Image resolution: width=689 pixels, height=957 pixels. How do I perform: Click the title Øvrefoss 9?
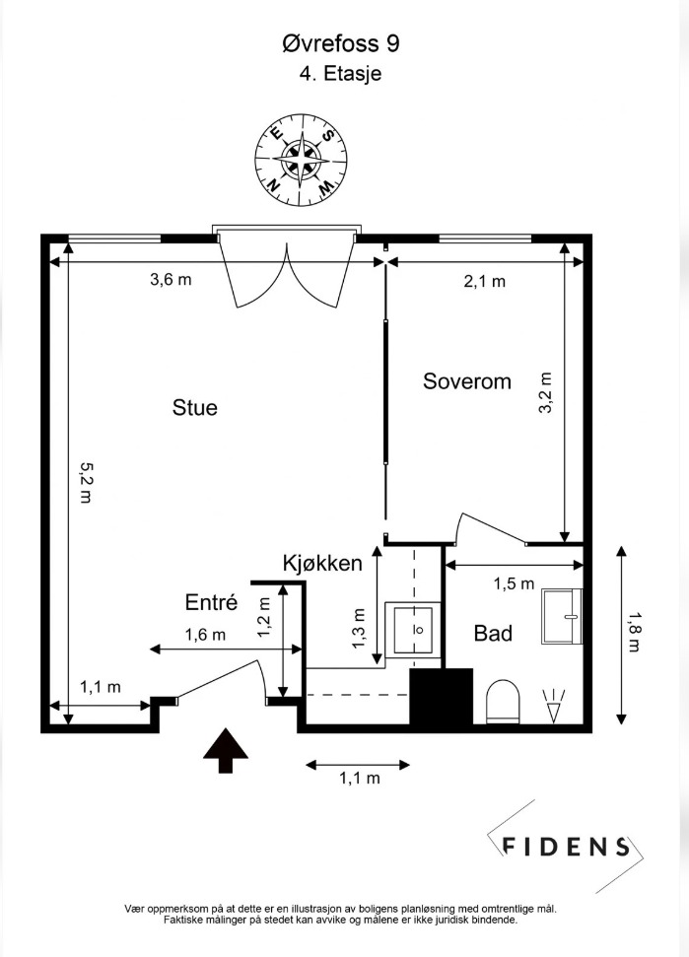[340, 44]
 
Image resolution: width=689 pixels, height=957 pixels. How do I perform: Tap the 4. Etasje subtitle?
[340, 73]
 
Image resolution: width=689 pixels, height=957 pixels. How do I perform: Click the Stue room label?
[194, 407]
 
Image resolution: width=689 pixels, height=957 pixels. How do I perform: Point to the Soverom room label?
[467, 381]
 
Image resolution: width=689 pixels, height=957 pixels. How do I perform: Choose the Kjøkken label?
[322, 564]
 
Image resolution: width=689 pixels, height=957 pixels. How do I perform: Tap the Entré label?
[212, 602]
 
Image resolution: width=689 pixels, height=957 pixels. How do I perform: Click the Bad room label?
[493, 633]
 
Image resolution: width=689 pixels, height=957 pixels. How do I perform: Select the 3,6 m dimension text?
[171, 280]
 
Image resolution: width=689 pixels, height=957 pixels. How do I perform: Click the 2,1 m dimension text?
[484, 281]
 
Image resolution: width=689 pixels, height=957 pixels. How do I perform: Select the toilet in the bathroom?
[503, 702]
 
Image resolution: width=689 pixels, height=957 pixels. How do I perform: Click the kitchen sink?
[418, 628]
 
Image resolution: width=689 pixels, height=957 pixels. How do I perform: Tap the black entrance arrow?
[226, 749]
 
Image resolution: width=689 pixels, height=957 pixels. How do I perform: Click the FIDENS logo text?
[566, 846]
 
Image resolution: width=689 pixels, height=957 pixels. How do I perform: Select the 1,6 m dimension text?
[205, 635]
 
